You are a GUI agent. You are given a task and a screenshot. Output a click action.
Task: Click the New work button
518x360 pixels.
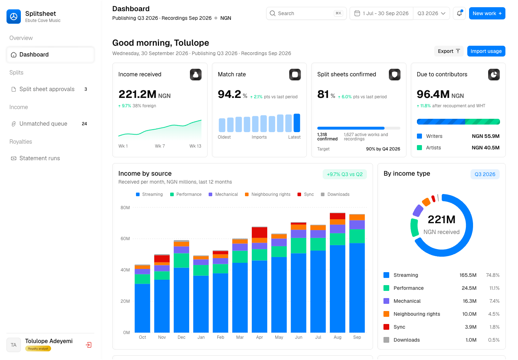(x=487, y=13)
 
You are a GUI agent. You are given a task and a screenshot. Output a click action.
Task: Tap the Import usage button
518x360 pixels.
(x=486, y=51)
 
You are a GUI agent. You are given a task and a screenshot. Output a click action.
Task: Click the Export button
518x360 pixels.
(x=449, y=51)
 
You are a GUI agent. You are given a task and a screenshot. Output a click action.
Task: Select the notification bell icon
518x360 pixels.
(x=459, y=13)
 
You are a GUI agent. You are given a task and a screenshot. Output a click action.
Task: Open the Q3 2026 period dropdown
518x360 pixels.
(x=431, y=13)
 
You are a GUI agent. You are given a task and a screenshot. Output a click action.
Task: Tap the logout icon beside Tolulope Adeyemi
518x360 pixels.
(x=88, y=345)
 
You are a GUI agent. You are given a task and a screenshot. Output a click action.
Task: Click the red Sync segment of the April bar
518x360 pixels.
(x=259, y=233)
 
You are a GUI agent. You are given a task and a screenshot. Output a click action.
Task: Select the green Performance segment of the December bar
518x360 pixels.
(x=182, y=261)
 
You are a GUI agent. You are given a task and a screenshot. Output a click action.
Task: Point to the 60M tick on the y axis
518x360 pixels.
(x=125, y=239)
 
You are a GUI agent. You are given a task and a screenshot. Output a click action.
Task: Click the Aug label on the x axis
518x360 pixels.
(x=337, y=337)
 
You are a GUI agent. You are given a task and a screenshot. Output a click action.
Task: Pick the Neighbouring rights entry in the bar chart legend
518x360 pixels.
(x=268, y=194)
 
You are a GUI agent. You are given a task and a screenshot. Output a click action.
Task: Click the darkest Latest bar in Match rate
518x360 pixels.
(x=297, y=123)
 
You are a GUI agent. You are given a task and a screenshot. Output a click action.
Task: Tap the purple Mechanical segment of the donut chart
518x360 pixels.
(x=418, y=211)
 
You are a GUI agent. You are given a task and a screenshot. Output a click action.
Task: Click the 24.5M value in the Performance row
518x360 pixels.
(x=469, y=288)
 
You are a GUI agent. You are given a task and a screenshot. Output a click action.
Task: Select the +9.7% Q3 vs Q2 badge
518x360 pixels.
(x=345, y=175)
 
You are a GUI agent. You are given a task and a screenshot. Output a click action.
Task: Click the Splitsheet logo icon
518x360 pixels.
(x=14, y=17)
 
